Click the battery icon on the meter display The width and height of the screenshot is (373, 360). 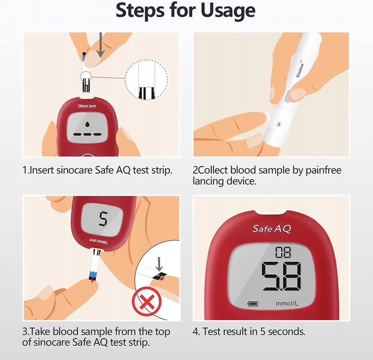[x=253, y=303]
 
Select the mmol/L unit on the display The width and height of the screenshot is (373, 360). [x=286, y=303]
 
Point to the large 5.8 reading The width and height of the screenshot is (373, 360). [x=281, y=276]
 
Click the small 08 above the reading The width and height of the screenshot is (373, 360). [x=283, y=252]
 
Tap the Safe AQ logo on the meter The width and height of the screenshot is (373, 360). [x=271, y=229]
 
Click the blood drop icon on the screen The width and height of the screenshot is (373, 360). [x=88, y=124]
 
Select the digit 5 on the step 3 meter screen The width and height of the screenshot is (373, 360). [x=103, y=219]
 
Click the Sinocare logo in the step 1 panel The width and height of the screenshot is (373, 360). [x=87, y=106]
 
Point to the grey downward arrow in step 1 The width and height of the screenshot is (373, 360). [x=101, y=45]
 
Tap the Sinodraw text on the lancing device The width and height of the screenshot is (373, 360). [x=299, y=69]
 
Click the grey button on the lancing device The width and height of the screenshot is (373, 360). [x=289, y=96]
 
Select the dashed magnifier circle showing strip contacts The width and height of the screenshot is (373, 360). [x=147, y=80]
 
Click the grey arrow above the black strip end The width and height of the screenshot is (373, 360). [x=159, y=264]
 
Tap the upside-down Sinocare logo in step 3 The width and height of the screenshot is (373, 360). [x=98, y=241]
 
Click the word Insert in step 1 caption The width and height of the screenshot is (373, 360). [x=41, y=170]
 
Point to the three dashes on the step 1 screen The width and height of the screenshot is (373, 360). [x=88, y=135]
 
